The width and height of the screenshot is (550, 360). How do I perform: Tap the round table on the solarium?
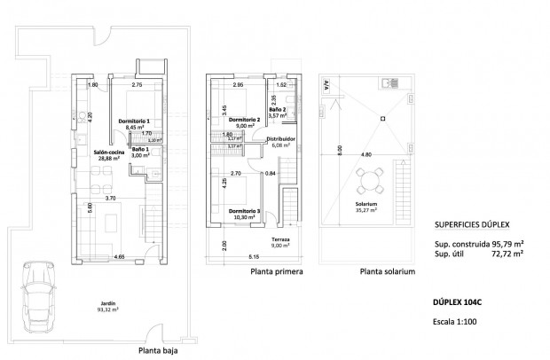(x=366, y=184)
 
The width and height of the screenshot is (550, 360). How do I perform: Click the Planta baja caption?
(x=161, y=350)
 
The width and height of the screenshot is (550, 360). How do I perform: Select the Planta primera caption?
(x=277, y=274)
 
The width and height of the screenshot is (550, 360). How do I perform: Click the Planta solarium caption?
(x=387, y=274)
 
